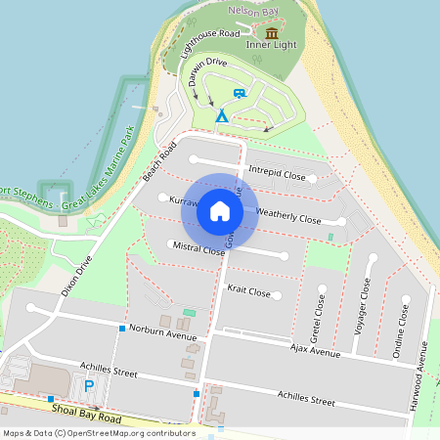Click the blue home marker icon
coord(220,211)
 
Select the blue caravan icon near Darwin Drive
coord(239,94)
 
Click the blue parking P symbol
coord(89,387)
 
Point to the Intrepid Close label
coord(277,175)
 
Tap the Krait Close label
coord(248,291)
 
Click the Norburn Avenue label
coord(162,332)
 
